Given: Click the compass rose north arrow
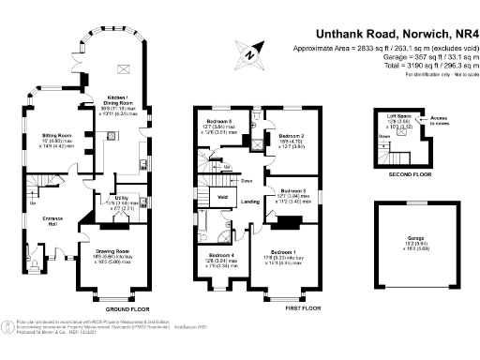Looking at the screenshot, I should [x=248, y=53].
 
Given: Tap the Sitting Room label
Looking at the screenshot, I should [x=57, y=135].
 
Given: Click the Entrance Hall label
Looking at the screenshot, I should [x=40, y=219].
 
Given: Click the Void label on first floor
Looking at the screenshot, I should [x=224, y=198].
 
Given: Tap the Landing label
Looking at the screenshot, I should [x=249, y=202].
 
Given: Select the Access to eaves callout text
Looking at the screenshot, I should [x=439, y=120].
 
